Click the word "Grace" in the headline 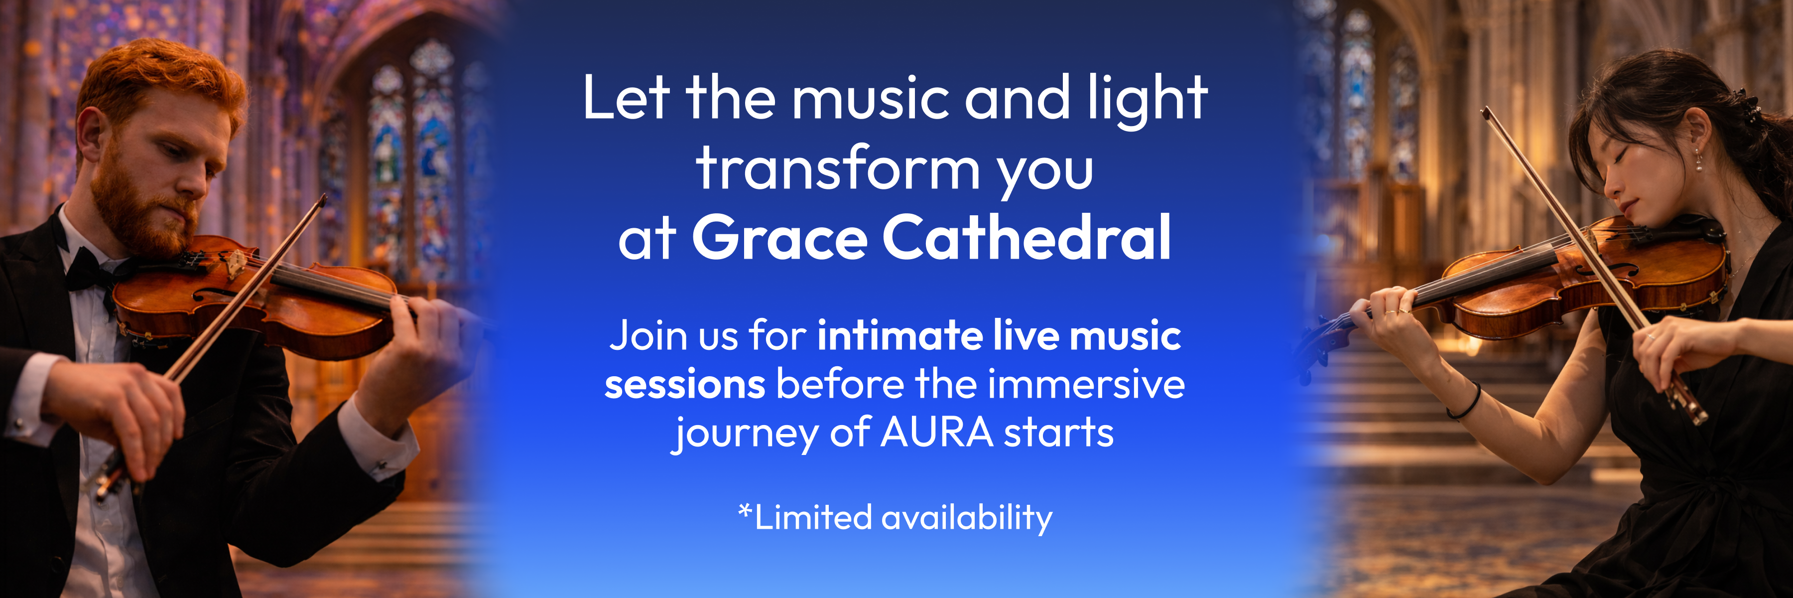click(x=779, y=238)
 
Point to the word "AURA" click(x=937, y=433)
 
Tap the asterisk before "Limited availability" click(x=745, y=512)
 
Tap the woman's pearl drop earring click(x=1698, y=162)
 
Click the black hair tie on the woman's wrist click(x=1465, y=404)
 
